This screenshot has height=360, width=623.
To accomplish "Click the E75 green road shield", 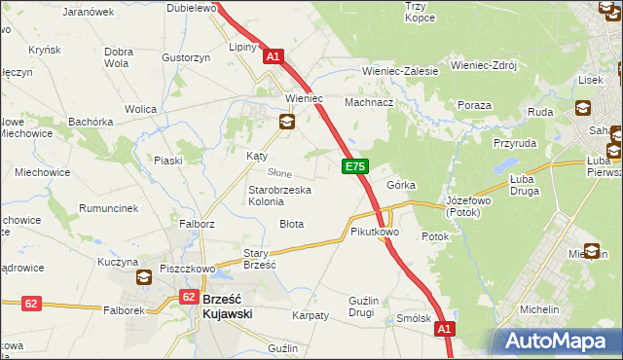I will pyautogui.click(x=354, y=168).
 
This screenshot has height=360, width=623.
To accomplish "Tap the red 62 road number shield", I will pyautogui.click(x=31, y=305).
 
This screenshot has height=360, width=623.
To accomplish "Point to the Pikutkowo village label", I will pyautogui.click(x=375, y=233).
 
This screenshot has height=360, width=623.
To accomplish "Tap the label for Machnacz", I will pyautogui.click(x=370, y=102).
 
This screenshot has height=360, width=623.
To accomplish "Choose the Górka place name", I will pyautogui.click(x=401, y=185).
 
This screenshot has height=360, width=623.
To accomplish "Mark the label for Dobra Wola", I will pyautogui.click(x=119, y=57).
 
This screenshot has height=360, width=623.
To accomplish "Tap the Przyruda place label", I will pyautogui.click(x=515, y=141).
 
